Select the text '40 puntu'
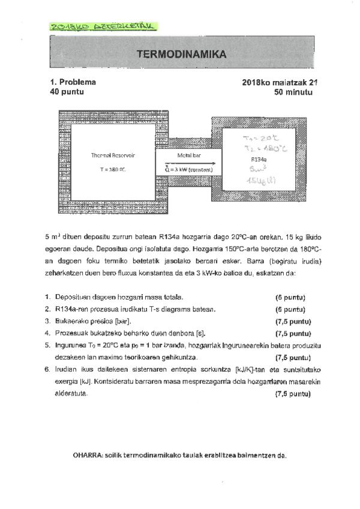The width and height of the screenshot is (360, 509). pyautogui.click(x=67, y=92)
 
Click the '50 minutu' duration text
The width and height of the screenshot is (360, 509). pyautogui.click(x=294, y=92)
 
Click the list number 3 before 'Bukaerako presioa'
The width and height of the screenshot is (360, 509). pyautogui.click(x=47, y=321)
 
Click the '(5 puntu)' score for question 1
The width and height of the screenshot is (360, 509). pyautogui.click(x=291, y=297)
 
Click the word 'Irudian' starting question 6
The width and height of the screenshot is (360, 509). pyautogui.click(x=65, y=370)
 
